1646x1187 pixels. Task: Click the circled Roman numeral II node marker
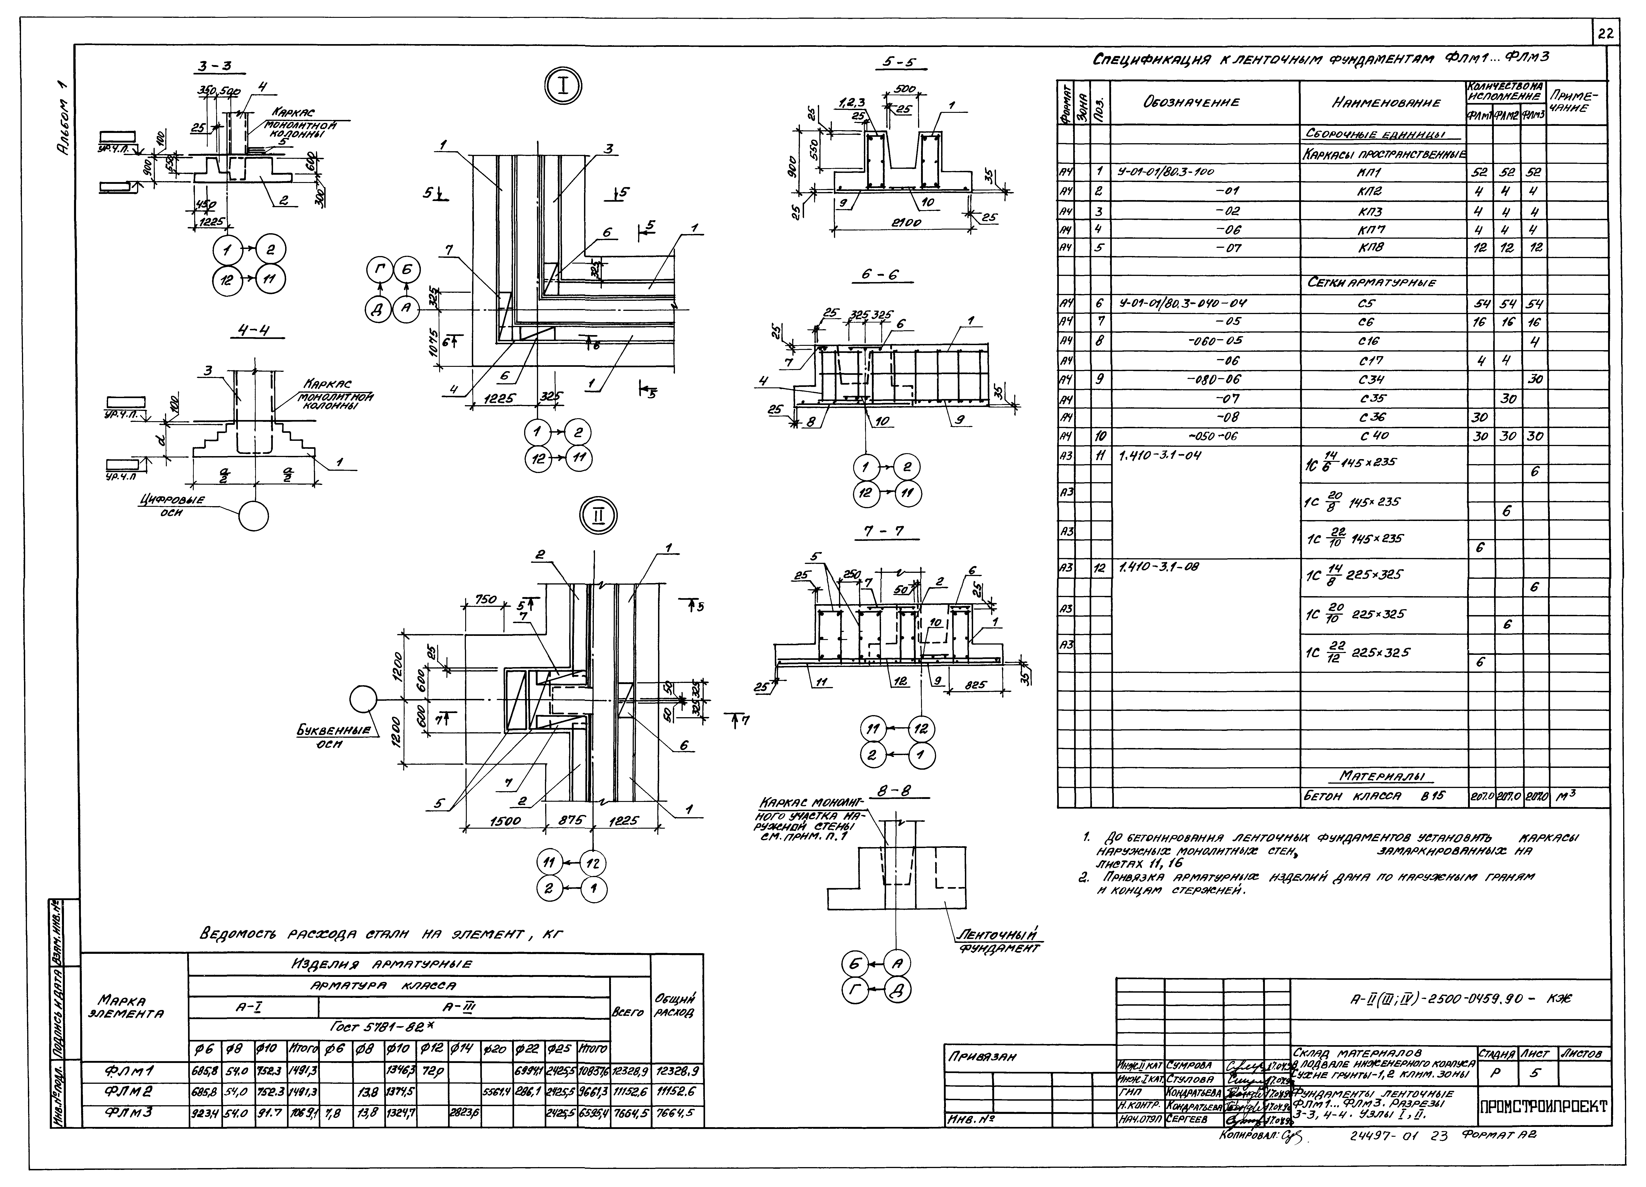(599, 516)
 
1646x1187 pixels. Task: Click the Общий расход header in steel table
(676, 1005)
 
